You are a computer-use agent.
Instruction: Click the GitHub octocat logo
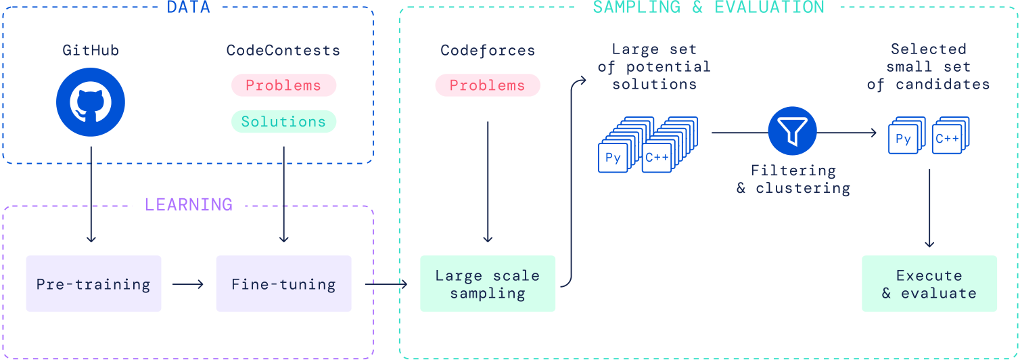91,102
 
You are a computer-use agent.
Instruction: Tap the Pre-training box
93,284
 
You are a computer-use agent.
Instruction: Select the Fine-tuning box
283,284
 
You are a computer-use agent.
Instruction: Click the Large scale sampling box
488,284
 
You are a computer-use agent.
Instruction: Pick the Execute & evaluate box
929,284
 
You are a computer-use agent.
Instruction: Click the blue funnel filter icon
792,131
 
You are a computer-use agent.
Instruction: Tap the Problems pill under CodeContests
283,85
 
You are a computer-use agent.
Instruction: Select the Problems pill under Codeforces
488,85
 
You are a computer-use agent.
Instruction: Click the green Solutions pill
283,122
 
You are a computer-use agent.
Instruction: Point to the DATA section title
189,7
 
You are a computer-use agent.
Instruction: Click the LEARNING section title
189,204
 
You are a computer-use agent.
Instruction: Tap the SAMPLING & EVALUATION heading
709,7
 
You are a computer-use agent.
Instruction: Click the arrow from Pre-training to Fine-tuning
187,284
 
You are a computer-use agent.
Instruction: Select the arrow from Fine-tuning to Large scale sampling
386,284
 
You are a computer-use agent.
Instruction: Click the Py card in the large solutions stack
613,158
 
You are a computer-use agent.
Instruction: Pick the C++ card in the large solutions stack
657,158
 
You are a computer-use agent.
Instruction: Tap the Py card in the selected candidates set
904,139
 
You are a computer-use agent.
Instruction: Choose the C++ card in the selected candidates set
947,139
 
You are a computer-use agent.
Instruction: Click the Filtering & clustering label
793,179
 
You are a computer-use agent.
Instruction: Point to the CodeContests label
283,50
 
